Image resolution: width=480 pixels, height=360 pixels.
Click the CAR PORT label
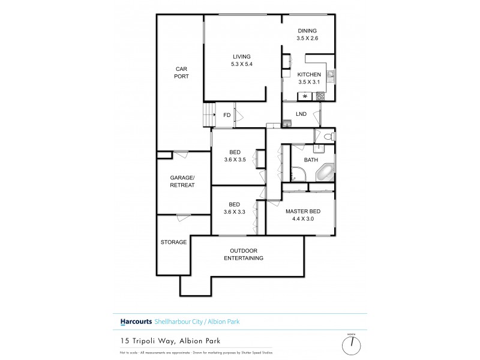pos(182,73)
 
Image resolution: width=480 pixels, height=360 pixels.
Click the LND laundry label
pos(301,113)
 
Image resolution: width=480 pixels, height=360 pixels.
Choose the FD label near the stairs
pos(227,115)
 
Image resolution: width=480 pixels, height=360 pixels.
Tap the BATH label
pos(311,160)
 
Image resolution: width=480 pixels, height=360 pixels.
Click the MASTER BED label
pos(302,215)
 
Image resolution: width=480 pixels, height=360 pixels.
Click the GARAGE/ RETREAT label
pos(182,182)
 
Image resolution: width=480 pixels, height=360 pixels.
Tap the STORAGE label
pos(173,242)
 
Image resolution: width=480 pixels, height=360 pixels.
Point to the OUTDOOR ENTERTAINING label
pos(244,254)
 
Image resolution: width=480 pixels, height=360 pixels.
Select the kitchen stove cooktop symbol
pos(320,95)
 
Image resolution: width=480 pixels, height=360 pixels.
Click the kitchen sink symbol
pos(330,77)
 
